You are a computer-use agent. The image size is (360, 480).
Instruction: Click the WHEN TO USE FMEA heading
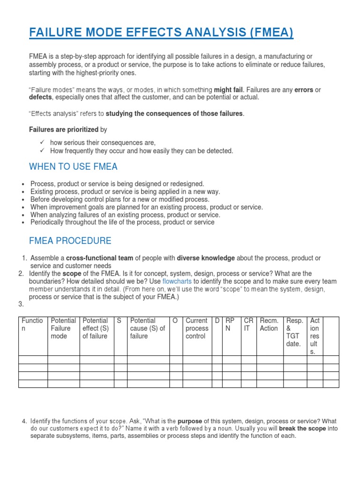point(73,167)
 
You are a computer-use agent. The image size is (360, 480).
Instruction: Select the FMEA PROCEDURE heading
point(70,241)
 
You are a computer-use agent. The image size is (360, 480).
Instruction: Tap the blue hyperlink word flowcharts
point(177,281)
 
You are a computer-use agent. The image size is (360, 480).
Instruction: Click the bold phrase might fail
point(229,90)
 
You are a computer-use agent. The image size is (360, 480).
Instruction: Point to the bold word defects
point(41,97)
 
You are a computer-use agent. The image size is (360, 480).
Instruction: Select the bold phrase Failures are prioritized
point(64,129)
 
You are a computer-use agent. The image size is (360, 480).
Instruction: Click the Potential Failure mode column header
point(63,328)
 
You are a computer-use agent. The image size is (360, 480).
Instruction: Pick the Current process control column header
point(197,328)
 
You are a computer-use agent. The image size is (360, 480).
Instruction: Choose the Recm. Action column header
point(269,324)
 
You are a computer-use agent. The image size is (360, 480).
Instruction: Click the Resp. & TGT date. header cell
point(294,332)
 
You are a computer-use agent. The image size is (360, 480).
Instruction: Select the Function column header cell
point(32,324)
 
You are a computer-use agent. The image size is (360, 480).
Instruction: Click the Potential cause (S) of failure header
point(148,328)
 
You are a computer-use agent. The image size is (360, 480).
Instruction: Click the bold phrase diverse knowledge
point(206,258)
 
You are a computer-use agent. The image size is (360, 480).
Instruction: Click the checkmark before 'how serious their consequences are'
point(42,142)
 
